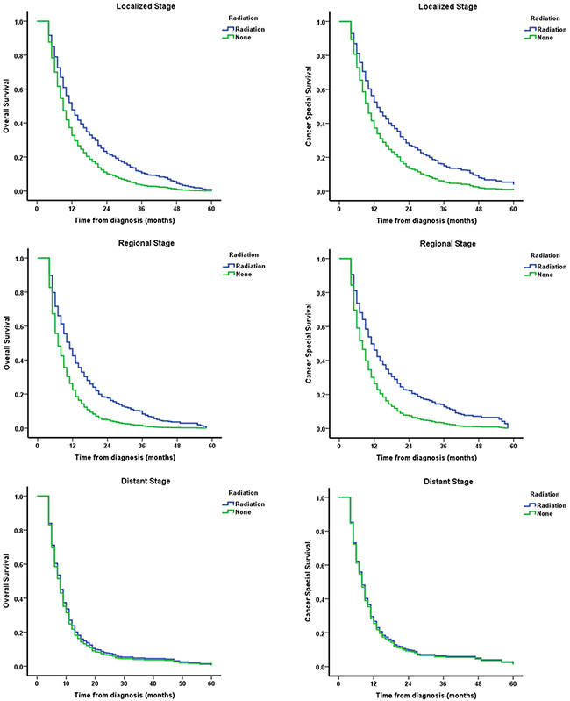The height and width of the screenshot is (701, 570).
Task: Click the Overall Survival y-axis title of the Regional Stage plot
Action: click(x=8, y=344)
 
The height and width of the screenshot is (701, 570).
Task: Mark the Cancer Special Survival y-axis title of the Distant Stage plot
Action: click(x=310, y=582)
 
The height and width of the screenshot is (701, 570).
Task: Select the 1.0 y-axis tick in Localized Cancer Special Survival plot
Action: click(x=324, y=22)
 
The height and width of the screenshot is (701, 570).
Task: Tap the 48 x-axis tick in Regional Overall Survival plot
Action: click(x=176, y=443)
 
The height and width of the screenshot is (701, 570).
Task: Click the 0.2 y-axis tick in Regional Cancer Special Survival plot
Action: click(x=324, y=396)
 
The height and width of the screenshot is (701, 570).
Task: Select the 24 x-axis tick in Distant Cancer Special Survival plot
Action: click(x=408, y=681)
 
